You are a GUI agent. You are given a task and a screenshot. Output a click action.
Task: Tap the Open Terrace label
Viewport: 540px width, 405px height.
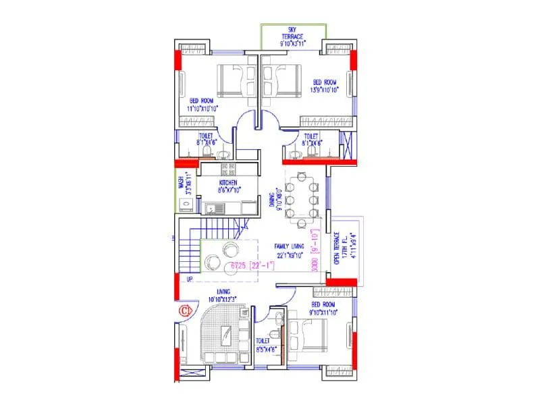pyautogui.click(x=337, y=250)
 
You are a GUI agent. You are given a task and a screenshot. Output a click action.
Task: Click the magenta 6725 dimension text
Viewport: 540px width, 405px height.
pyautogui.click(x=247, y=266)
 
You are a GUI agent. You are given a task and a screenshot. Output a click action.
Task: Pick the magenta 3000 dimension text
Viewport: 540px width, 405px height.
pyautogui.click(x=315, y=258)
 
